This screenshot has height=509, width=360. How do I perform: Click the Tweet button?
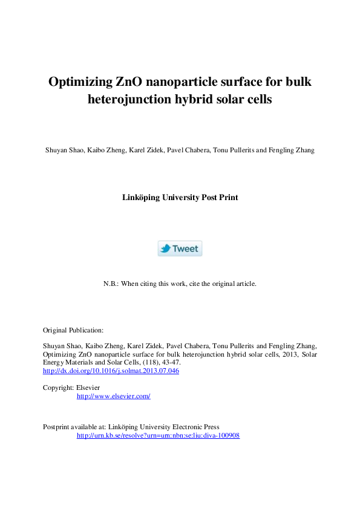pos(180,248)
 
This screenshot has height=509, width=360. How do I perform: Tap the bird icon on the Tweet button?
pos(165,248)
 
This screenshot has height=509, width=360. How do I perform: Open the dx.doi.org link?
pos(111,371)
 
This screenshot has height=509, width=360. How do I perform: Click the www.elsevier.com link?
pos(113,396)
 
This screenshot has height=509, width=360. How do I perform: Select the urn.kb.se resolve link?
pos(158,435)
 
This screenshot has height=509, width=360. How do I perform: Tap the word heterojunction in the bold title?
pos(131,100)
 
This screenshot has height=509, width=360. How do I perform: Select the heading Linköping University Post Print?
pos(180,197)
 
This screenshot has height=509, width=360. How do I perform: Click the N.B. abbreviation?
pos(112,284)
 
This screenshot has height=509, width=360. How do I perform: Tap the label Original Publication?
pos(73,330)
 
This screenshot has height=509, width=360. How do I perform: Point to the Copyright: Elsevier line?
pos(71,387)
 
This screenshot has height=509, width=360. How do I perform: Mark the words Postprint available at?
pos(77,427)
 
